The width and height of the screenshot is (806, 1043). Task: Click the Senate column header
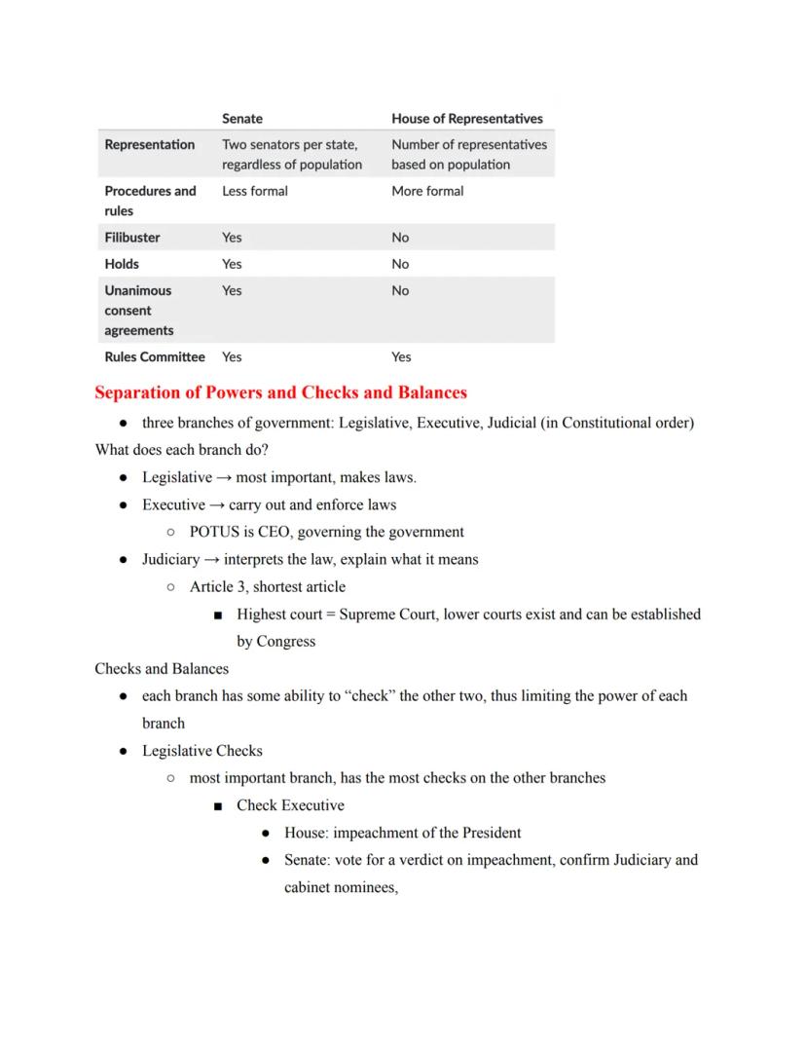[x=241, y=119]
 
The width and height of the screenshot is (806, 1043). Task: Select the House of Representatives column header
[x=466, y=119]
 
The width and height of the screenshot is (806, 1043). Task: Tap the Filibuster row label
[x=132, y=238]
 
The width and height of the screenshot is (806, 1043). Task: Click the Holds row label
[x=122, y=264]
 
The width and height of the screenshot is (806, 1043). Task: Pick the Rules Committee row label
[x=155, y=356]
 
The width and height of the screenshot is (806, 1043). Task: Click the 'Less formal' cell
[x=255, y=191]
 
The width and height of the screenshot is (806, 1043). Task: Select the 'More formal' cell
[x=427, y=191]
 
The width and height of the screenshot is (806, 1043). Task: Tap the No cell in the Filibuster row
[x=400, y=238]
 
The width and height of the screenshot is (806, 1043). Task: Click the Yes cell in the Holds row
[x=232, y=264]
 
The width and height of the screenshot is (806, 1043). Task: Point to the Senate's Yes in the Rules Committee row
[x=232, y=356]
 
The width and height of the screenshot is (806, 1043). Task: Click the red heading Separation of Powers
[x=280, y=392]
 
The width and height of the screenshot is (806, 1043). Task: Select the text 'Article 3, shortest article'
[x=267, y=586]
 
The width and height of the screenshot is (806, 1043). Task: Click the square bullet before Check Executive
[x=217, y=806]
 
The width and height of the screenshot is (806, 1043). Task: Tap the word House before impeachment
[x=305, y=833]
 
